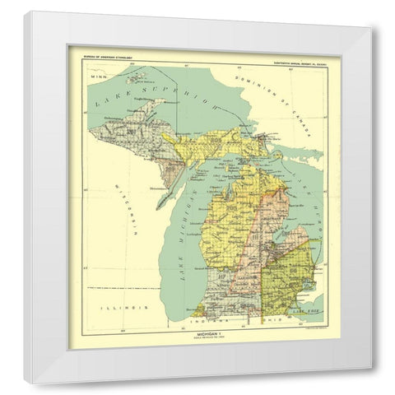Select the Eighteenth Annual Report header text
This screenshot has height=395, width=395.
pos(291,57)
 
